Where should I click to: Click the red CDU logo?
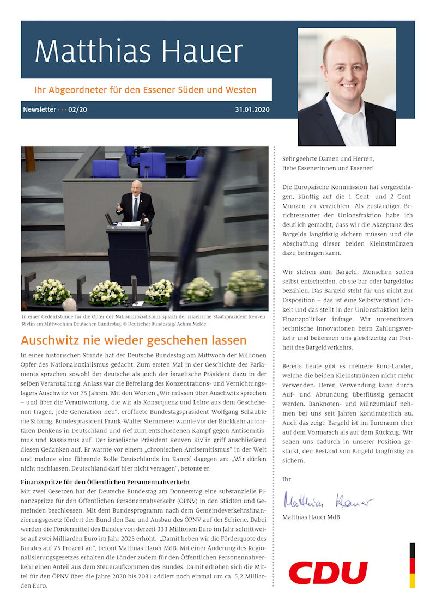(328, 572)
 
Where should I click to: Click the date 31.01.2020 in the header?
(252, 109)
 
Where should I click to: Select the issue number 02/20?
(77, 109)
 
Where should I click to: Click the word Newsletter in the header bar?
(39, 109)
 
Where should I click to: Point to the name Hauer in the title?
(202, 52)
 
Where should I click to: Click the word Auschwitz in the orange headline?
(49, 341)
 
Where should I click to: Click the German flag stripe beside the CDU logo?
(412, 565)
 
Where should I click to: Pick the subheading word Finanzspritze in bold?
(44, 481)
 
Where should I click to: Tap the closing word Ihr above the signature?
(286, 479)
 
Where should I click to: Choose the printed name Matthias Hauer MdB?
(311, 517)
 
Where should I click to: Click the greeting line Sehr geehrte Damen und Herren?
(328, 158)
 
